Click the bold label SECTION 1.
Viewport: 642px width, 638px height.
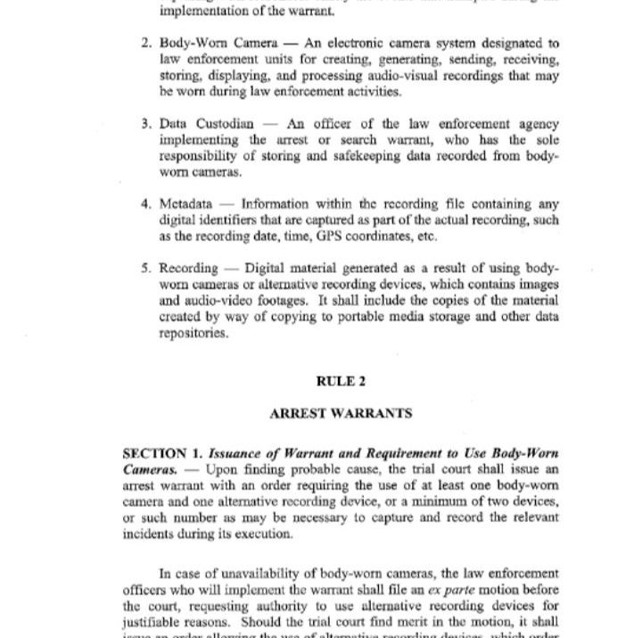152,452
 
